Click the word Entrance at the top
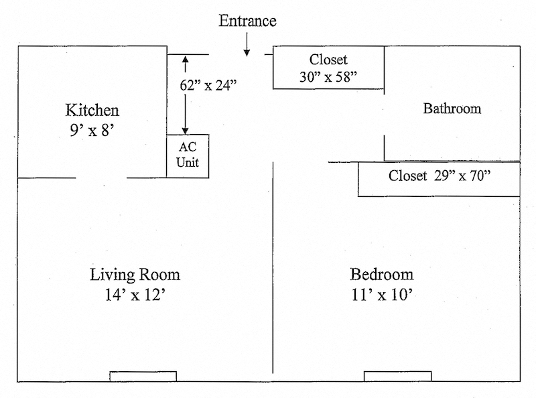click(x=247, y=21)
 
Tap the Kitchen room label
click(x=92, y=110)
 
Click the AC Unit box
click(x=188, y=155)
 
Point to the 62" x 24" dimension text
click(x=208, y=85)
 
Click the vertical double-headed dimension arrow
click(x=186, y=94)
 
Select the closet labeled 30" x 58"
click(x=328, y=68)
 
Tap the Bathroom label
click(x=452, y=109)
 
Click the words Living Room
click(x=135, y=275)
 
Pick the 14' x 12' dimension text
click(x=135, y=294)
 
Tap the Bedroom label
click(x=381, y=275)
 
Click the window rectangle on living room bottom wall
click(x=143, y=376)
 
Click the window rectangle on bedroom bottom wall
click(x=397, y=376)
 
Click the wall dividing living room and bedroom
click(x=273, y=268)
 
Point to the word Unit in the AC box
click(x=188, y=162)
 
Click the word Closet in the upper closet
click(x=328, y=59)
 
